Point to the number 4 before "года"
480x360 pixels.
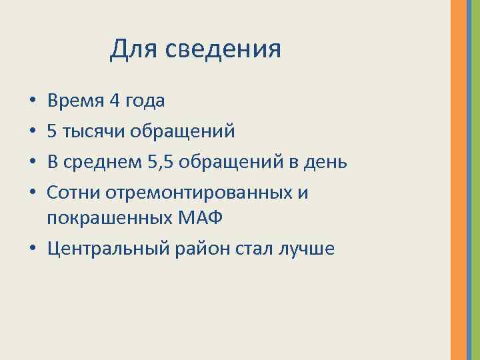pos(114,101)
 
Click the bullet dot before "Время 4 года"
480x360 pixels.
pos(33,102)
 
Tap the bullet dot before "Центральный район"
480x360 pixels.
pos(33,249)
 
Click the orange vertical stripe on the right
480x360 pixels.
pos(459,180)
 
